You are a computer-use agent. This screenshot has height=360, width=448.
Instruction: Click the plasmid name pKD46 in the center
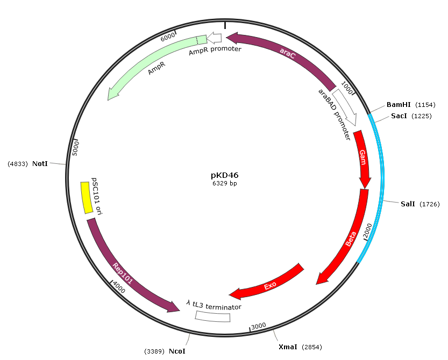pos(225,175)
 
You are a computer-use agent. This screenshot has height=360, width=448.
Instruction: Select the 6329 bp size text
pos(225,183)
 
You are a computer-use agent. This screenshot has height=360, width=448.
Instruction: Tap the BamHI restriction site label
pos(399,105)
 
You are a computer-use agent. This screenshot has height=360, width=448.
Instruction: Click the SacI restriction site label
pos(399,116)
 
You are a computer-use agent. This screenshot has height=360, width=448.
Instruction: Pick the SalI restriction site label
pos(408,204)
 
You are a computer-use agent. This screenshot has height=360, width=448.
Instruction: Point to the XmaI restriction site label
pos(288,347)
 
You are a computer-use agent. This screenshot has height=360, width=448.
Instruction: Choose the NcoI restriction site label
pos(177,351)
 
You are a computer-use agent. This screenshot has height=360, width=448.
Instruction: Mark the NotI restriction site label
pos(40,163)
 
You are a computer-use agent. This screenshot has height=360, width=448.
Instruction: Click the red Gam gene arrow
pos(363,159)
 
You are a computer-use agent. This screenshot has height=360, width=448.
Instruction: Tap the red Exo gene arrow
pos(270,284)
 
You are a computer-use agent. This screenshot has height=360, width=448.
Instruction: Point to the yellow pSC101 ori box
pos(87,198)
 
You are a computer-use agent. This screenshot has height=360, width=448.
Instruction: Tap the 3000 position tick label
pos(259,326)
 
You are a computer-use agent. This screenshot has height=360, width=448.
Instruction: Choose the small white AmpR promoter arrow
pos(214,38)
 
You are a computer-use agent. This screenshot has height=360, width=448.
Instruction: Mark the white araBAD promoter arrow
pos(345,107)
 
